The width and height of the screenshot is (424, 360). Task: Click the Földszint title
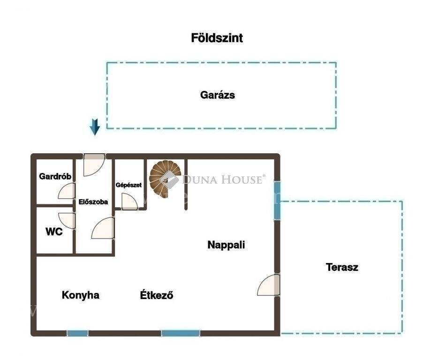[217, 38]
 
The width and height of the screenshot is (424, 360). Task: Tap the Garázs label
[218, 95]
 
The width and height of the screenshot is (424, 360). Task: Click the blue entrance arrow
[95, 127]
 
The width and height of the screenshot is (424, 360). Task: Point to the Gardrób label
[55, 176]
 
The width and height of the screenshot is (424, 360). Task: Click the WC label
[54, 232]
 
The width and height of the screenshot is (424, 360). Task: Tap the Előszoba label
[93, 202]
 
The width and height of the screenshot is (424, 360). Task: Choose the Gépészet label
[129, 185]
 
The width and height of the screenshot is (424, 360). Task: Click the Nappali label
[226, 245]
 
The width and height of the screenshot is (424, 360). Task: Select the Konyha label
[81, 295]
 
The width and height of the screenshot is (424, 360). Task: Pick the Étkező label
[157, 295]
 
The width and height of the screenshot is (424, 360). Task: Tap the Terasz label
[342, 267]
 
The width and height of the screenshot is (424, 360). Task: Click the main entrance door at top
[94, 165]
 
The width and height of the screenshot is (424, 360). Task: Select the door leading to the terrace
[269, 285]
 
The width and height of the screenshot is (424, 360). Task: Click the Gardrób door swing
[67, 191]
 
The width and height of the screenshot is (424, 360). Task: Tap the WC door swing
[67, 221]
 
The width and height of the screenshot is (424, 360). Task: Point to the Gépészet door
[129, 202]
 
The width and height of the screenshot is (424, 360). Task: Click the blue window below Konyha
[77, 333]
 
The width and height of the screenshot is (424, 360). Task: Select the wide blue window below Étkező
[181, 333]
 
